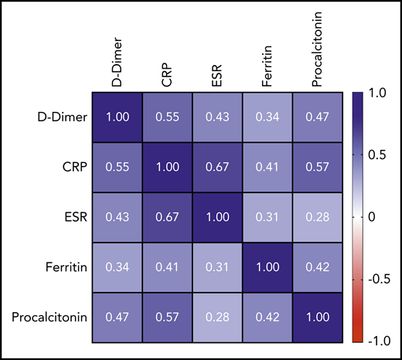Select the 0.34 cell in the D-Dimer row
pos(267,117)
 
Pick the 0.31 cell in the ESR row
pos(267,218)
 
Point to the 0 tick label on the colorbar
pos(373,218)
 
